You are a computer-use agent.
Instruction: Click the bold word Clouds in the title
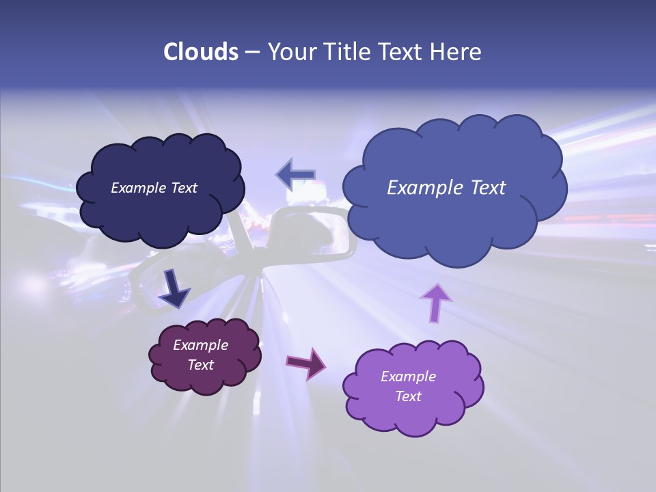click(201, 52)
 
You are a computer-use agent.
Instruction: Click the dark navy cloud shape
click(161, 212)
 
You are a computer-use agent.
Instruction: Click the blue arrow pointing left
click(296, 175)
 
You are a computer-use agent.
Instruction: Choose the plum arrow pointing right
click(306, 363)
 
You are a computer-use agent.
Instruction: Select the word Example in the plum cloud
click(200, 345)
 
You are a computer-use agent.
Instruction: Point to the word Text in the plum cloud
click(200, 365)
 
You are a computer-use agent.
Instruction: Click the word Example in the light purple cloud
click(408, 377)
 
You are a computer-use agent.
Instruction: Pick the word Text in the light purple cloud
click(408, 396)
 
